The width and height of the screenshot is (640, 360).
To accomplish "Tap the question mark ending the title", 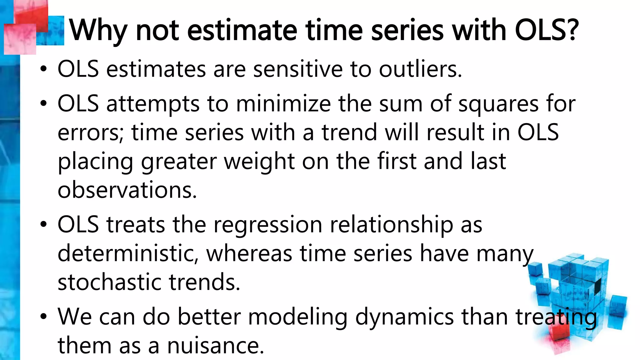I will point(572,30).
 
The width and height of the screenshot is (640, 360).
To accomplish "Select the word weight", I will point(259,162).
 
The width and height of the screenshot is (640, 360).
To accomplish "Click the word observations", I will point(127,190).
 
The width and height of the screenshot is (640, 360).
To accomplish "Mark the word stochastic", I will point(109,282).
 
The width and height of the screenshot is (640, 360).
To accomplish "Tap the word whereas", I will point(249,253).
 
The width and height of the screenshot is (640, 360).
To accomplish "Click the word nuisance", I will point(215,346).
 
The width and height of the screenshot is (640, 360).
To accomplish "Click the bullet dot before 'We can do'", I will point(43,317).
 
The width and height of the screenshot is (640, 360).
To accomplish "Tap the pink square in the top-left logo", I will point(19,39).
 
